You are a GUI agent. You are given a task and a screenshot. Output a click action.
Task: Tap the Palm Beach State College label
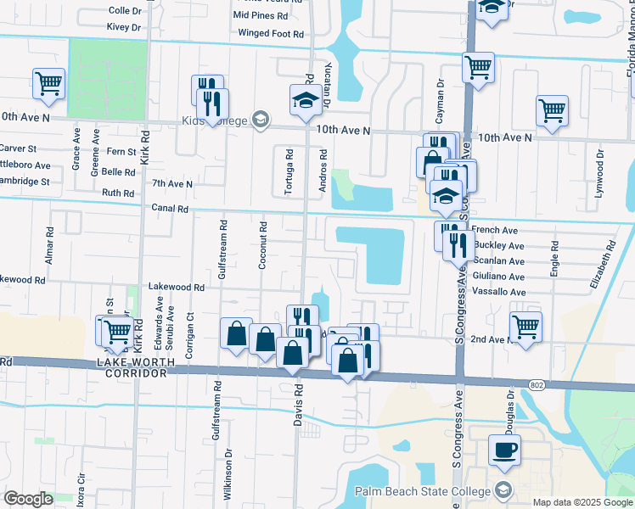[x=436, y=491]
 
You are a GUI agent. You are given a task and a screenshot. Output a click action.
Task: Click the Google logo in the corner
[x=29, y=499]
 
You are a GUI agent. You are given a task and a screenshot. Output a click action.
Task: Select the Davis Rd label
[x=298, y=404]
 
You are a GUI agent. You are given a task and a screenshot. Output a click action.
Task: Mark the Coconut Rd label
[x=264, y=245]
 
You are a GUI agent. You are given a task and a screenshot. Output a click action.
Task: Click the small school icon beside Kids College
[x=261, y=120]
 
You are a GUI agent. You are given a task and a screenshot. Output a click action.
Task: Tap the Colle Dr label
[x=125, y=11]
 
